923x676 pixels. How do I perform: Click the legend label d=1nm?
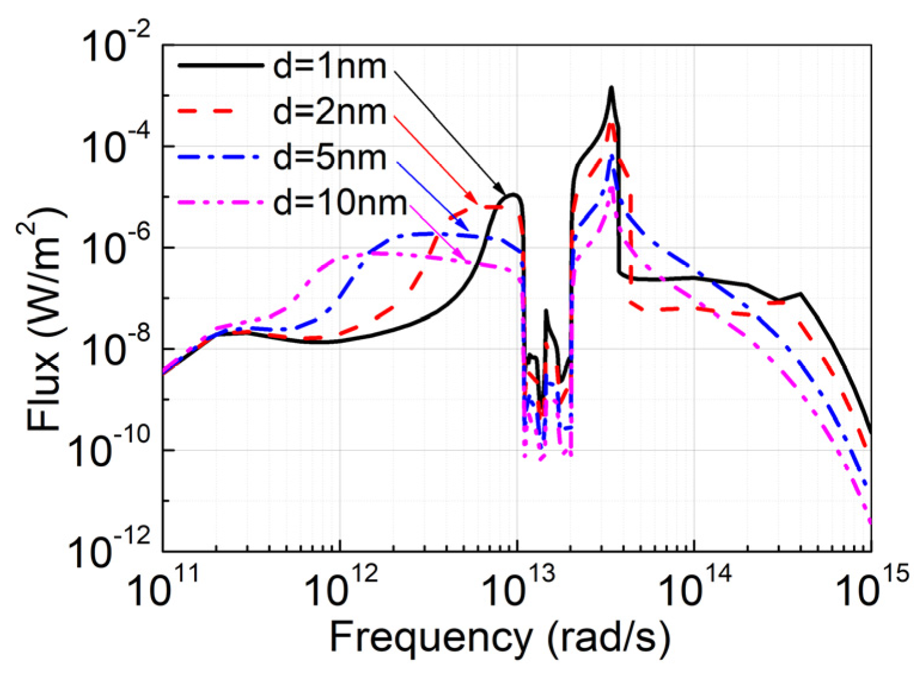click(330, 66)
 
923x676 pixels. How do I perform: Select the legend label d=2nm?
click(330, 112)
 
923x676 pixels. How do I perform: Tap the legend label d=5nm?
click(330, 158)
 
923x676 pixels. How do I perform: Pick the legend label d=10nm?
click(340, 203)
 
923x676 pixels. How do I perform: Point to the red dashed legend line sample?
click(220, 112)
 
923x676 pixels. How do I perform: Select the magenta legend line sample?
click(220, 203)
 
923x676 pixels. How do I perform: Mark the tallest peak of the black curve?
click(611, 88)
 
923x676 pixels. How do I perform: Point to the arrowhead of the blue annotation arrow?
click(466, 228)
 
